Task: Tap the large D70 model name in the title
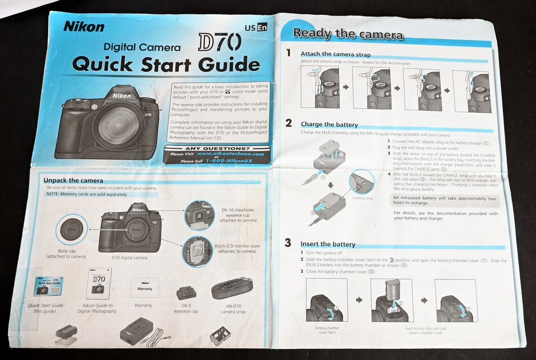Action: tap(219, 43)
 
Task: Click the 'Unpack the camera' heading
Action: tap(73, 180)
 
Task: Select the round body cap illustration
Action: tap(70, 230)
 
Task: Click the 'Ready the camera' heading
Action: tap(348, 34)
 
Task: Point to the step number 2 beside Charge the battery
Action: tap(289, 123)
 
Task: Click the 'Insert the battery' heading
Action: tap(328, 244)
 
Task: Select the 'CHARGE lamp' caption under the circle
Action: tap(362, 198)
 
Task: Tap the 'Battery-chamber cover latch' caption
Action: tap(325, 330)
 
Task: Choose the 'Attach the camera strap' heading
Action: tap(335, 54)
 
